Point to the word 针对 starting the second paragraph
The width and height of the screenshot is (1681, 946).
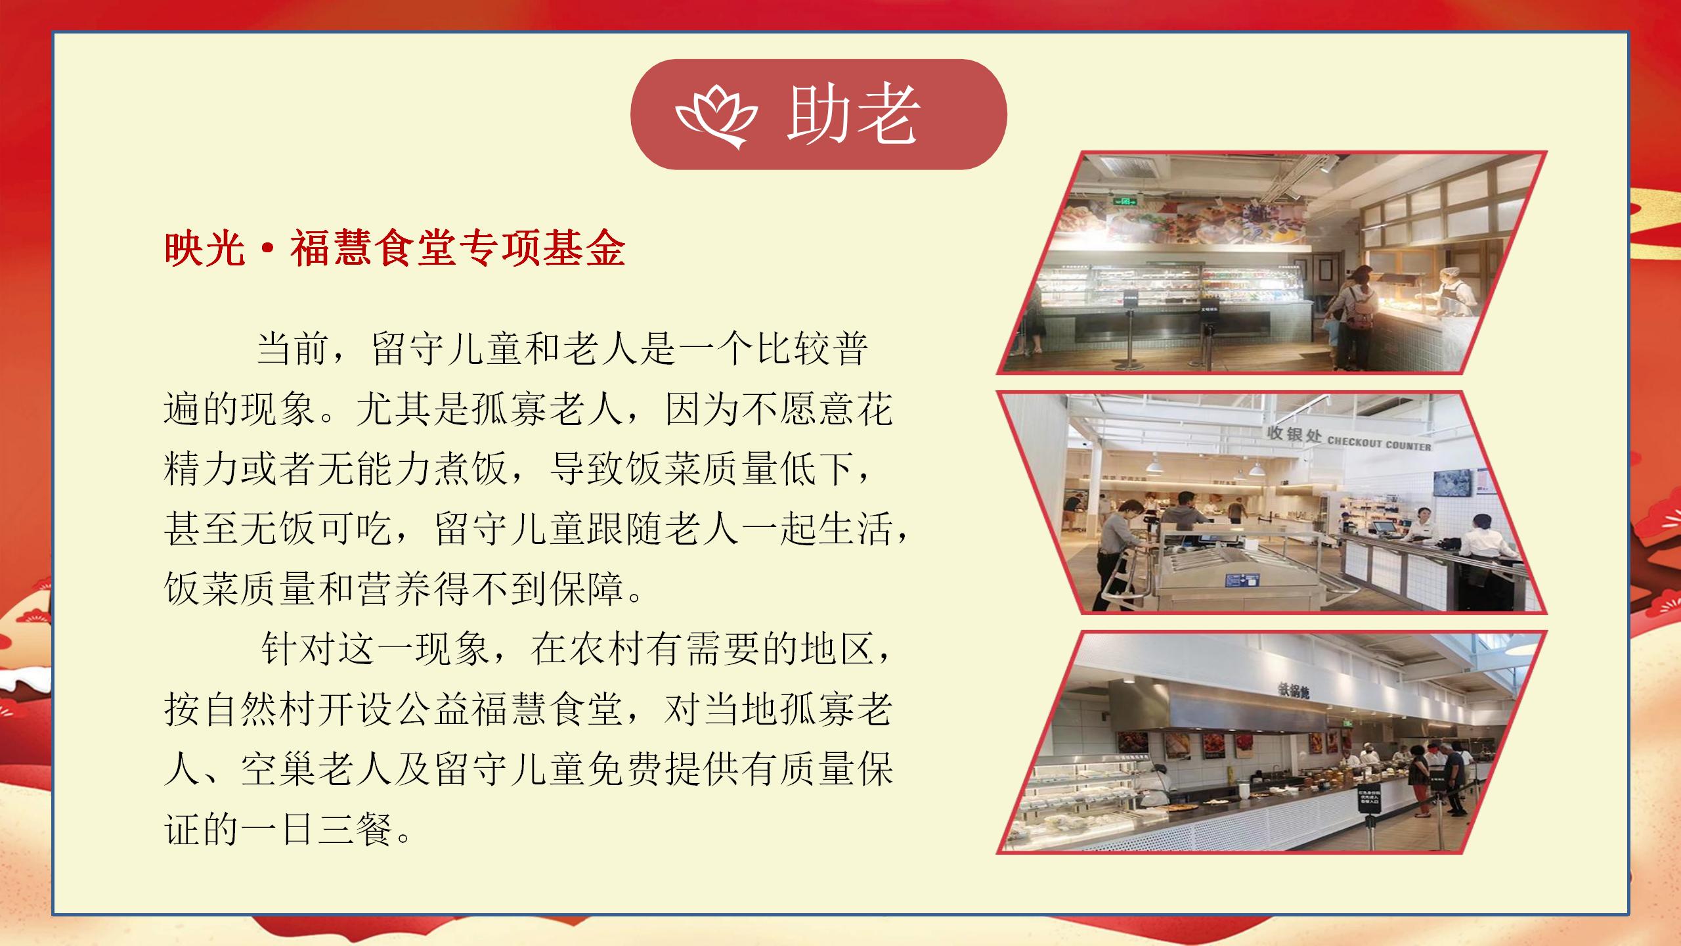click(x=299, y=648)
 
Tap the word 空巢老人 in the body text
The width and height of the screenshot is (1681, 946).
click(x=318, y=769)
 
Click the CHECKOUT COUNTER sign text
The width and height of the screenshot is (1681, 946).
click(x=1379, y=444)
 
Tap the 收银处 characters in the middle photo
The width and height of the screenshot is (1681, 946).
click(x=1294, y=434)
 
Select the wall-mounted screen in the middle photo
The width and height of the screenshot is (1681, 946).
click(x=1452, y=491)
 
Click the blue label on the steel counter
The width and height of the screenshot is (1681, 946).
click(x=1243, y=581)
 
